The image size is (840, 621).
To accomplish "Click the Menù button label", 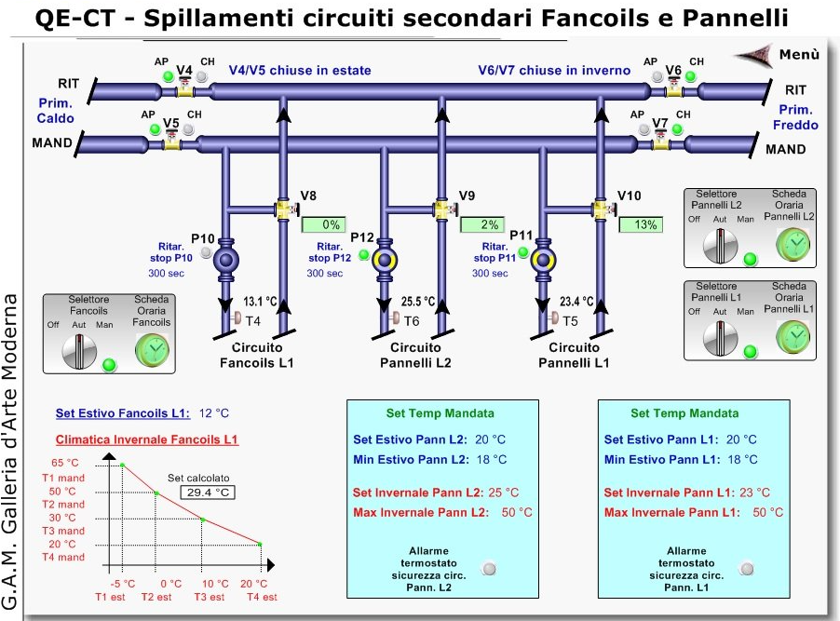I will pos(798,55).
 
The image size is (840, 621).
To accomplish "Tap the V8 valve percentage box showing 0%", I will pos(323,224).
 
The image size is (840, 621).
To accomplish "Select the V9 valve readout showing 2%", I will pos(481,224).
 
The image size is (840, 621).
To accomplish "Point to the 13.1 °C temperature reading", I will pos(261,302).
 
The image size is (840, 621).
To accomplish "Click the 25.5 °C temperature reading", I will pos(418,302).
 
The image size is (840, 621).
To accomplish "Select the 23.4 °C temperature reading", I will pos(577,302).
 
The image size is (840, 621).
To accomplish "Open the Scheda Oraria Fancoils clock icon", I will pos(153,348).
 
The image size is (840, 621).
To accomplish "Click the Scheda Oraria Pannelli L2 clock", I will pos(794,243).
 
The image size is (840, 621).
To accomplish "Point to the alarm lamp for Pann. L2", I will pos(488,567).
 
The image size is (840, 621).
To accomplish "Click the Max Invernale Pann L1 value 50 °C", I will pos(768,512).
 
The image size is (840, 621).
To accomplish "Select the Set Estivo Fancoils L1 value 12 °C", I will pos(213,413).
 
